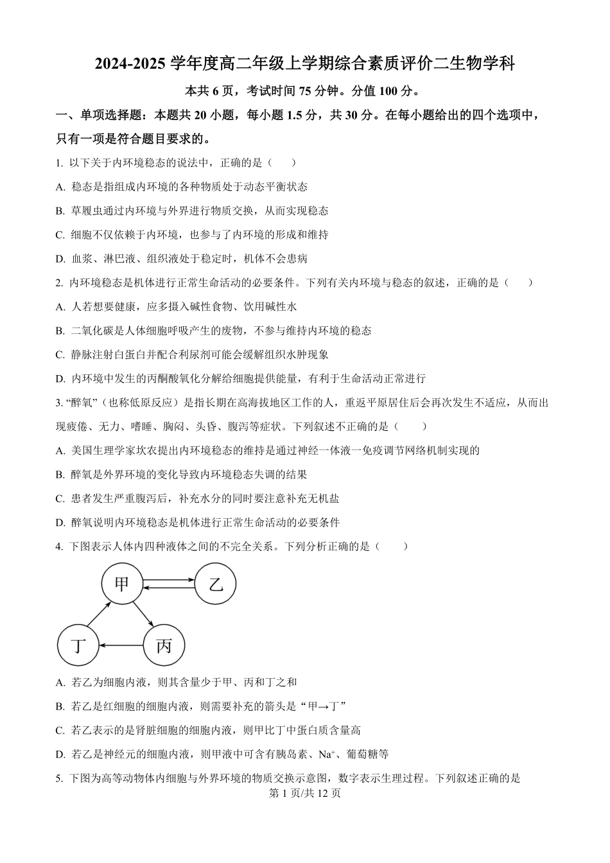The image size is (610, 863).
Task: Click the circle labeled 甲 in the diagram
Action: pyautogui.click(x=121, y=584)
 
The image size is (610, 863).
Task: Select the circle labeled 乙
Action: pyautogui.click(x=216, y=584)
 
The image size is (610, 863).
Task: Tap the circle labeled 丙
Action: pyautogui.click(x=164, y=645)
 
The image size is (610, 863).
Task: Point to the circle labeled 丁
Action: pyautogui.click(x=78, y=645)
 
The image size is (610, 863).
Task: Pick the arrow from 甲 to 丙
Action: pyautogui.click(x=143, y=615)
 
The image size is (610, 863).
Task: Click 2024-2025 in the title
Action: pyautogui.click(x=132, y=64)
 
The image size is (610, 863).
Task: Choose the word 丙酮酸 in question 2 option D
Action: pyautogui.click(x=171, y=379)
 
